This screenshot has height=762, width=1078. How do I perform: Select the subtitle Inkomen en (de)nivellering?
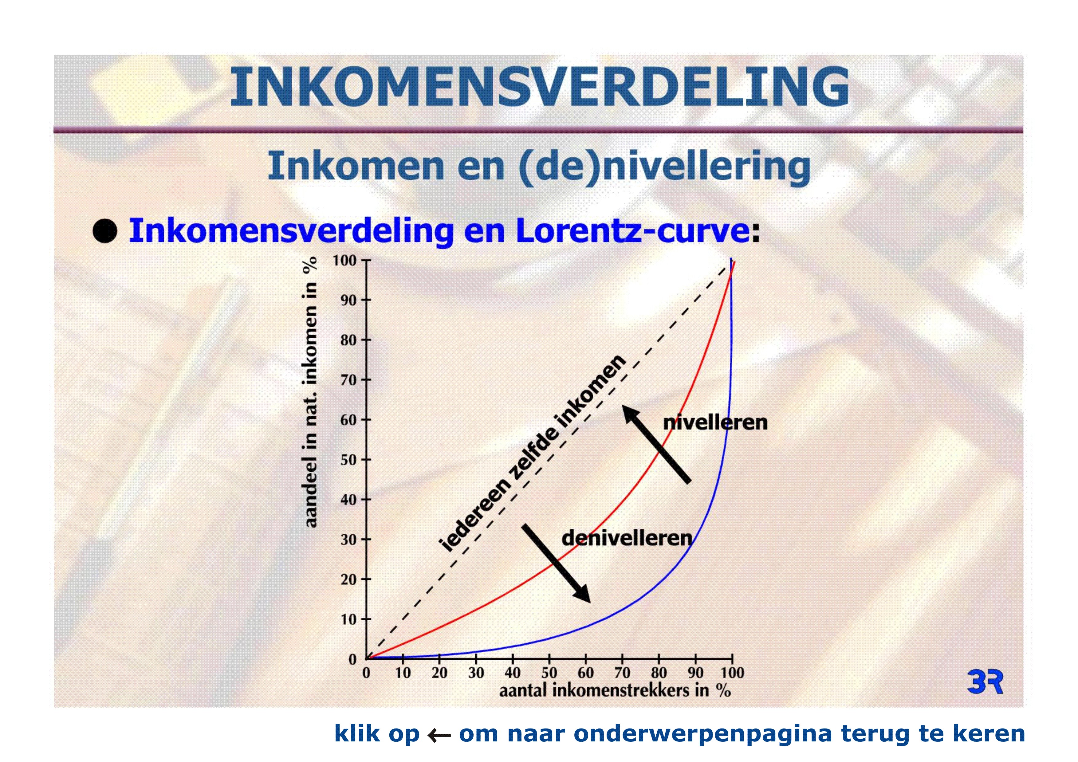coord(539,167)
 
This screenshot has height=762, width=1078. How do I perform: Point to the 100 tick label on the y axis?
coord(344,260)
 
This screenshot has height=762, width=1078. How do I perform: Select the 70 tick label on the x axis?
coord(622,673)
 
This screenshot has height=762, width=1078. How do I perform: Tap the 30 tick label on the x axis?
coord(476,673)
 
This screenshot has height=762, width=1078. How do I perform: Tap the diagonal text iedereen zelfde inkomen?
coord(532,453)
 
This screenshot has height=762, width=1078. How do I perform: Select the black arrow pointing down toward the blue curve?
coord(557,564)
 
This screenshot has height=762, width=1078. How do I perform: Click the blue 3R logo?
coord(985,682)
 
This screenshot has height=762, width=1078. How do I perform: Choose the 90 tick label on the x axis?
coord(695,673)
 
